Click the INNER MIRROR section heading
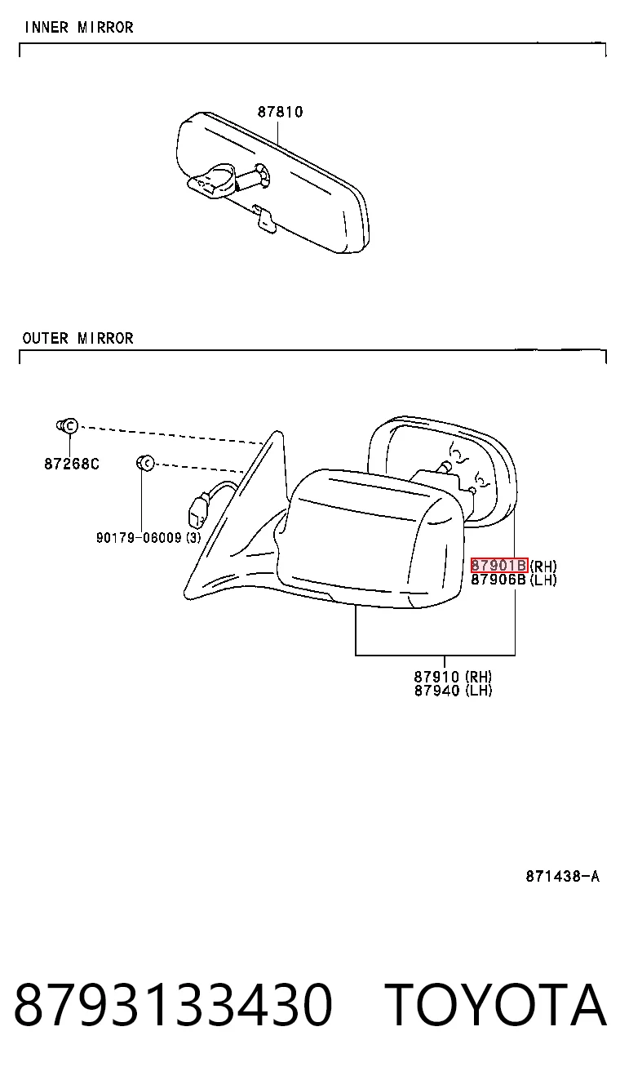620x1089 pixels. [78, 27]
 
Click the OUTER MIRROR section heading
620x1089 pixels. [77, 338]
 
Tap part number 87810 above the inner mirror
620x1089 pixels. [281, 112]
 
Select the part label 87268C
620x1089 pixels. [72, 464]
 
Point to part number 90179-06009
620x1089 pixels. [139, 537]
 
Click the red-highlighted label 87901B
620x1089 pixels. [499, 565]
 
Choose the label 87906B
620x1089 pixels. [498, 580]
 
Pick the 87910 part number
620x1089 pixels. [436, 676]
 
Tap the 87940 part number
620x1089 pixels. [436, 691]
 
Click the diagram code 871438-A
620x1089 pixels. [563, 877]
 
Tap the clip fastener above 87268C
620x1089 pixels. [67, 426]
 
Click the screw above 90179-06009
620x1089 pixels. [145, 463]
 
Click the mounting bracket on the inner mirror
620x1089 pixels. [212, 180]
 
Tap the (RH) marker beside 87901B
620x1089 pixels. [543, 566]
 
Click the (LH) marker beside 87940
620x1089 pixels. [479, 691]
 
